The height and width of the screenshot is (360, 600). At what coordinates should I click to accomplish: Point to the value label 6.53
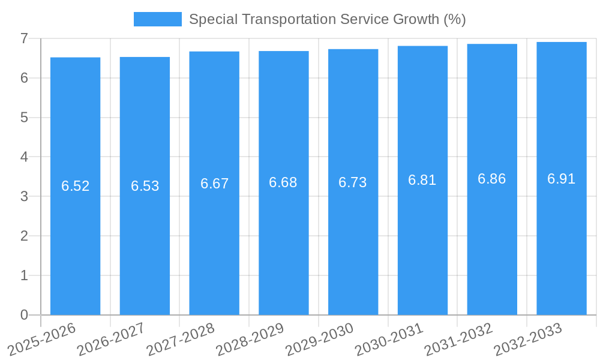[x=145, y=186]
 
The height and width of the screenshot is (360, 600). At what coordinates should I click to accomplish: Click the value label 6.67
[x=214, y=184]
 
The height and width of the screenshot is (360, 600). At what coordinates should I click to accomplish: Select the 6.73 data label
[x=353, y=182]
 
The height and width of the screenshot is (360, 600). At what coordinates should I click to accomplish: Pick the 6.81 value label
[x=422, y=180]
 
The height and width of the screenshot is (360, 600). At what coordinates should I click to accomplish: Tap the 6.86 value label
[x=491, y=179]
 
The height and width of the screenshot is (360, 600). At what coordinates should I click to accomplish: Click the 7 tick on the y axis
[x=24, y=38]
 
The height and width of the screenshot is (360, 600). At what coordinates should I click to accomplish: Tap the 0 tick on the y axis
[x=24, y=315]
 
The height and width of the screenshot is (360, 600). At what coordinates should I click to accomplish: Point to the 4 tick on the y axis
[x=24, y=157]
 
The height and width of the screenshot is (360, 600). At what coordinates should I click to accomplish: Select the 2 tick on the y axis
[x=24, y=236]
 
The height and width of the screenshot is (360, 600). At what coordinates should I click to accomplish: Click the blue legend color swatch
[x=157, y=19]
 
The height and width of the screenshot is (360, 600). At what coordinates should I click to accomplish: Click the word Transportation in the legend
[x=290, y=19]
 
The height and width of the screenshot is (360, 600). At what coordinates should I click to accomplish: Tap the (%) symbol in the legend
[x=454, y=19]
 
